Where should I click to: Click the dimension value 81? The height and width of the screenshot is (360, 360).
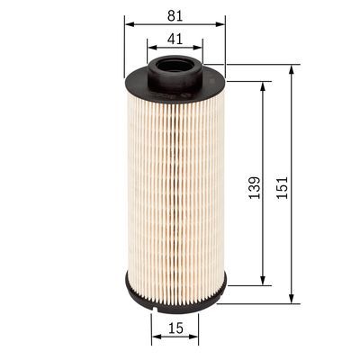coord(175,13)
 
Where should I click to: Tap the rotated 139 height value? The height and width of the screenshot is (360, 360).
coord(255,186)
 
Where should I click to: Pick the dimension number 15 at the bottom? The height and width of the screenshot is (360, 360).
coord(175,329)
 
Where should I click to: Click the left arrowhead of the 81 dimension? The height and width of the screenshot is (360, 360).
coord(128,24)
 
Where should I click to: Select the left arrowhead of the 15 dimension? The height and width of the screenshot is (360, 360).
coord(154,339)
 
